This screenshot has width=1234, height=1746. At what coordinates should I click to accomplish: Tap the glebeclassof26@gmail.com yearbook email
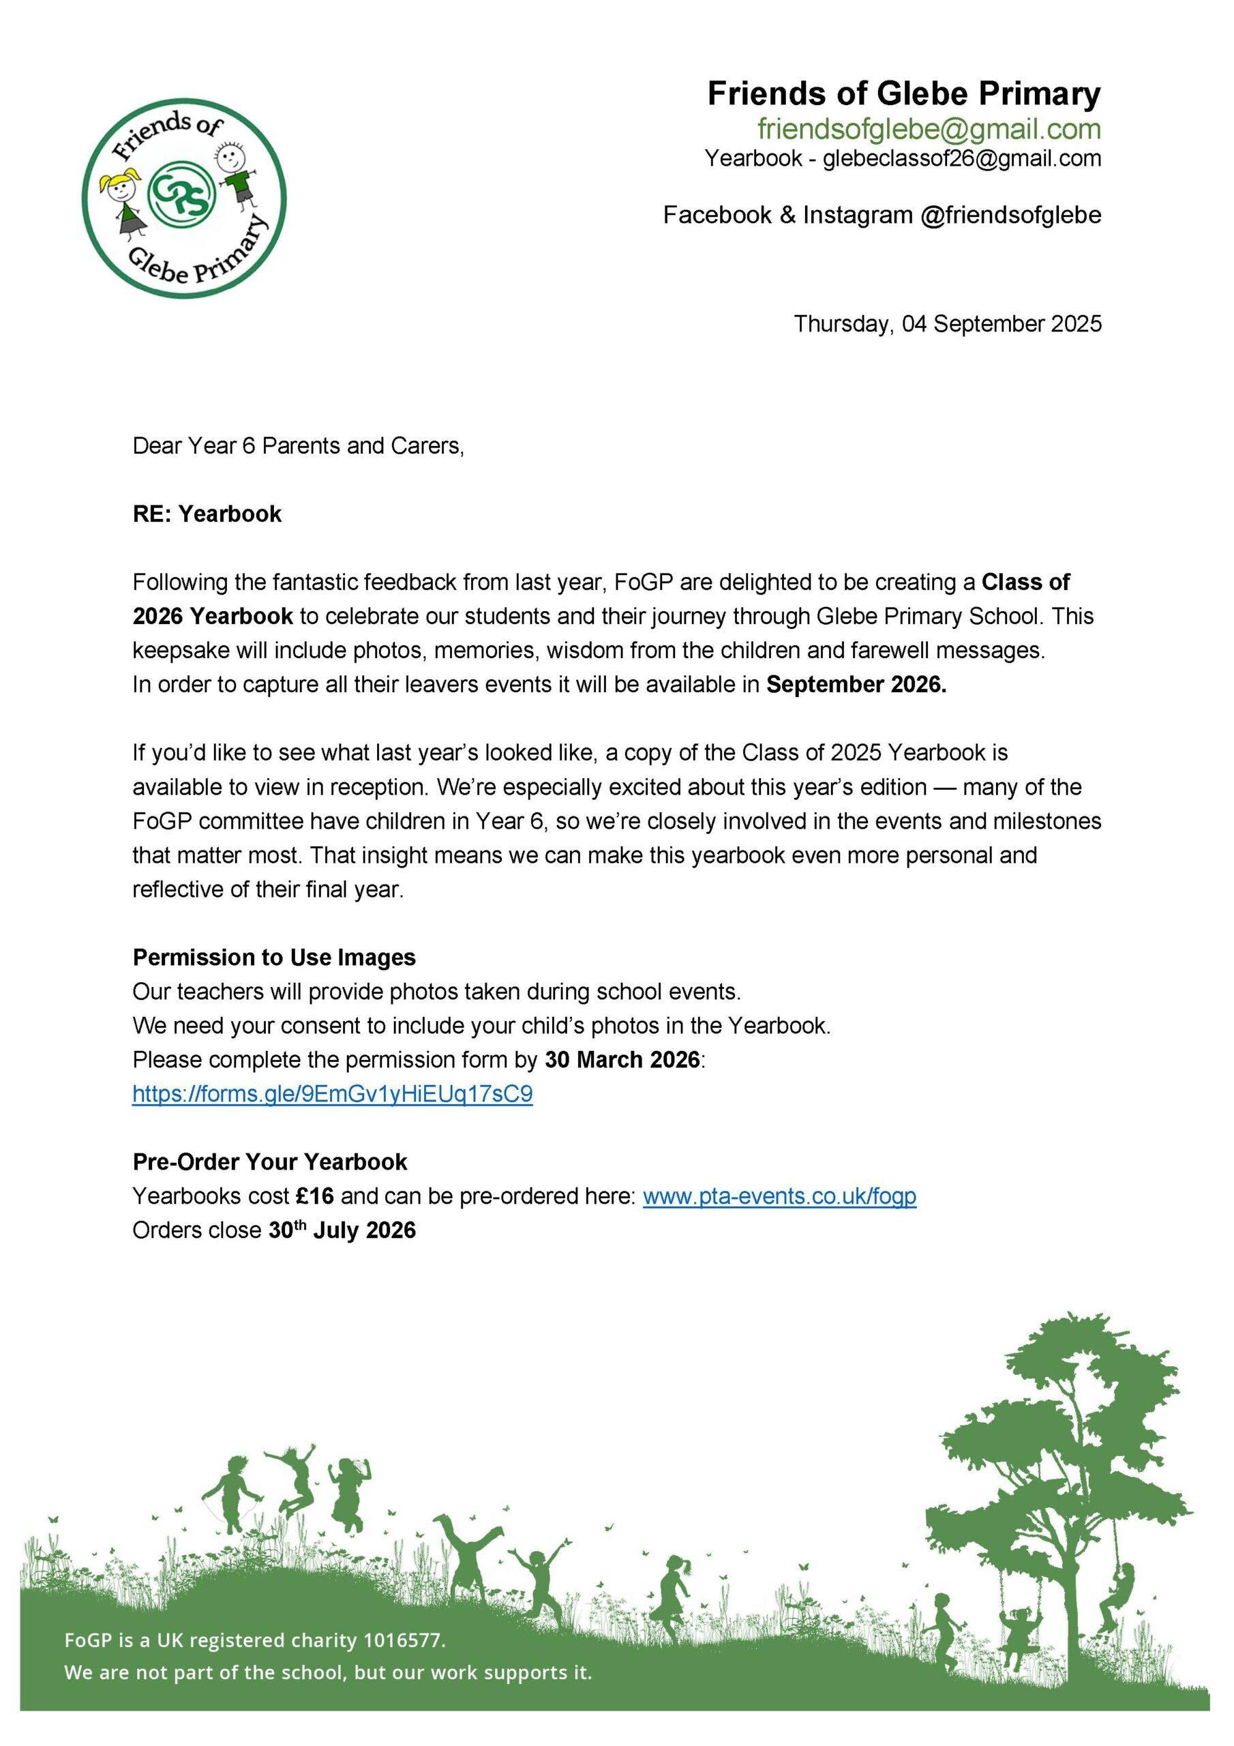[962, 158]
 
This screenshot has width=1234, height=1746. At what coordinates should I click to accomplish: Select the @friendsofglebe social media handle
[1010, 216]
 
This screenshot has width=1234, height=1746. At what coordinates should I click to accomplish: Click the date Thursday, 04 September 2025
[948, 324]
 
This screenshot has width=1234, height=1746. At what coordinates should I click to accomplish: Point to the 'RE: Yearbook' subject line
[207, 514]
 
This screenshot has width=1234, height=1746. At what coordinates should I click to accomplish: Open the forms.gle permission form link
[332, 1094]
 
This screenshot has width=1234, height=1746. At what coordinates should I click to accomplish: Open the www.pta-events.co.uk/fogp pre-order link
[779, 1196]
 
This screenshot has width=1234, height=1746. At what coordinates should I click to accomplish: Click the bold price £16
[315, 1196]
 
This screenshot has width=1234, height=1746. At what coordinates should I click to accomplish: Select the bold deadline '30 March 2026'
[622, 1060]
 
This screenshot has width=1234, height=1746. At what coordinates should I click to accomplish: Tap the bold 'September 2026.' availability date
[856, 685]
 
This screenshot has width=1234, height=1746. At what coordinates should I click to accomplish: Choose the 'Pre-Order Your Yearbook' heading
[270, 1162]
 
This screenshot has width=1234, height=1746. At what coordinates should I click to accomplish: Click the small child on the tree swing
[1017, 1627]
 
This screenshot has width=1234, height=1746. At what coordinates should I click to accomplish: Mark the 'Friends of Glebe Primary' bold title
[903, 94]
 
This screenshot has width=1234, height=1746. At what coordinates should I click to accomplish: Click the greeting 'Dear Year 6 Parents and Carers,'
[298, 445]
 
